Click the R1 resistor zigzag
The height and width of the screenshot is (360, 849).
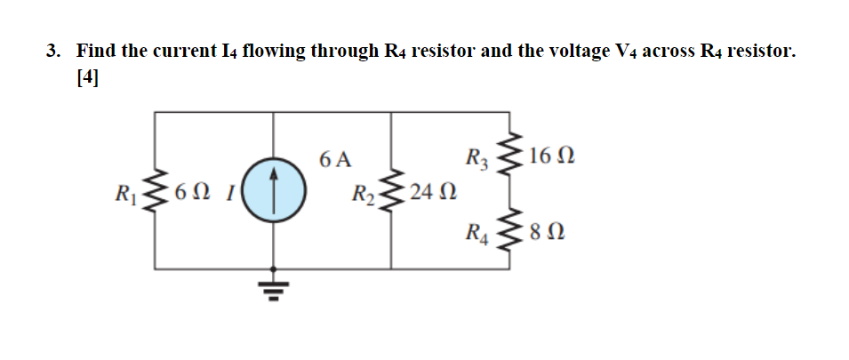(158, 191)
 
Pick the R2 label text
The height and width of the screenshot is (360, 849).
(363, 194)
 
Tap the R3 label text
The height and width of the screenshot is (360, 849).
(478, 160)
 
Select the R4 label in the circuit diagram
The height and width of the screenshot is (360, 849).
(478, 236)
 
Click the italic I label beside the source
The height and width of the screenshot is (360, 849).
(228, 191)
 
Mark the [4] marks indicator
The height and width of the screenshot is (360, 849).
(88, 77)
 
